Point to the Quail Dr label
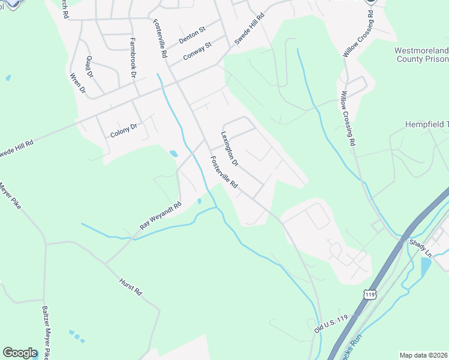(x=90, y=67)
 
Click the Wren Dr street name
(x=79, y=84)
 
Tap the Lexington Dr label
(x=230, y=149)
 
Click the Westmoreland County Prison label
(x=421, y=55)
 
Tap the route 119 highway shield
(x=370, y=295)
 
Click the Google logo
(x=20, y=352)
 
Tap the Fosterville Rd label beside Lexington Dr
(x=223, y=173)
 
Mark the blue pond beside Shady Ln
(x=426, y=268)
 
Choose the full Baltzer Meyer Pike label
(x=46, y=329)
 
